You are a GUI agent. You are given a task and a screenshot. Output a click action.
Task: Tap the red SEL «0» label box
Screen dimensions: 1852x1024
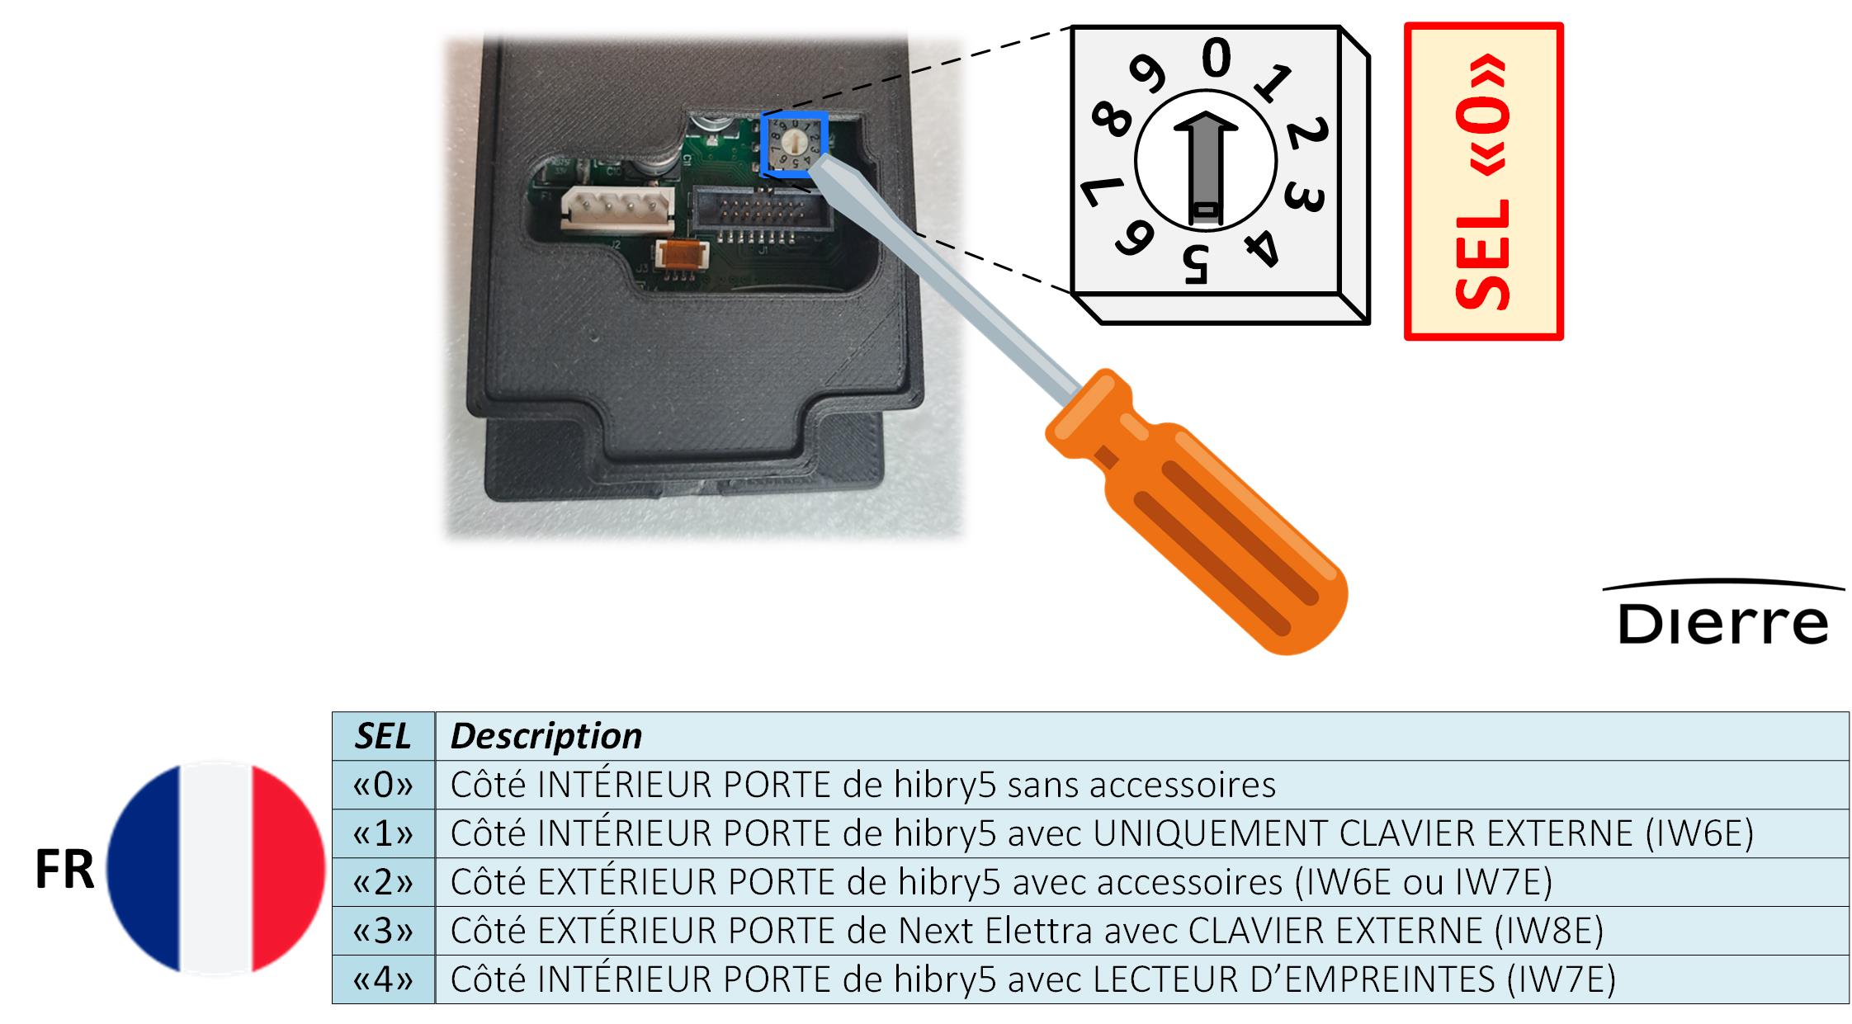(x=1483, y=181)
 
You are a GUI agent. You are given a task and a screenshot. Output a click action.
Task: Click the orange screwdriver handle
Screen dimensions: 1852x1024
(x=1197, y=512)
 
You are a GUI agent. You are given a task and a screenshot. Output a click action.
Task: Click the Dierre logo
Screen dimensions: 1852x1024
(x=1723, y=614)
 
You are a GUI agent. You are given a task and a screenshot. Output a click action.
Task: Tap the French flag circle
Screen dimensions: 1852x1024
(x=216, y=869)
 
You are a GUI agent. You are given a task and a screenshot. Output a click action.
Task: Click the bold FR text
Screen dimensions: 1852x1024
(x=64, y=871)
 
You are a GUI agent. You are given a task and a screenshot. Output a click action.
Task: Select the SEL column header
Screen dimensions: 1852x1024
(x=383, y=736)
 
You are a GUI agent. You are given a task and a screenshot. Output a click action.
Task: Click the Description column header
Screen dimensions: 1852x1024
(x=546, y=736)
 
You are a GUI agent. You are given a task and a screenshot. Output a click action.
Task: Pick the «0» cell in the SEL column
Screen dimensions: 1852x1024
(x=383, y=785)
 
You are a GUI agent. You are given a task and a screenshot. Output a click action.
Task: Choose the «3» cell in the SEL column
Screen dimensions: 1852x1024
(x=383, y=931)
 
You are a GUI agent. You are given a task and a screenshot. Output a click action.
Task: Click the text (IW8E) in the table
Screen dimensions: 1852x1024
(x=1548, y=931)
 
